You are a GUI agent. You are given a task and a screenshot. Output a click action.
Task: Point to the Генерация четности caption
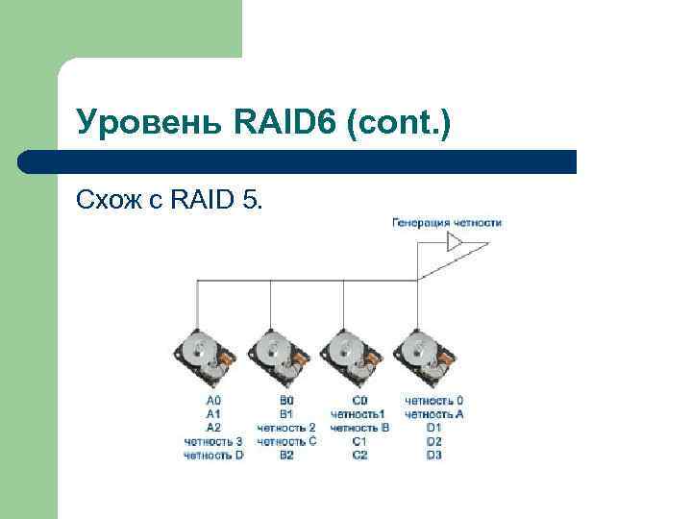click(x=447, y=223)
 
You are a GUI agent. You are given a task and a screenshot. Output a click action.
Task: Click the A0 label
click(x=213, y=400)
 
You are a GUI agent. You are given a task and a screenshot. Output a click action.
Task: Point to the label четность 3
click(x=213, y=441)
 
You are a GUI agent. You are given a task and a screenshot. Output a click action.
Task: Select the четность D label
click(x=213, y=455)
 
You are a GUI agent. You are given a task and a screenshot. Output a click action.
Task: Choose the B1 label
click(x=286, y=413)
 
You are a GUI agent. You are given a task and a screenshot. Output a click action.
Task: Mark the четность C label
click(x=286, y=441)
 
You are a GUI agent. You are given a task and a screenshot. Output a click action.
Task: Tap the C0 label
click(x=359, y=400)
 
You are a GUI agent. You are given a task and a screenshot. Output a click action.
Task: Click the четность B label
click(x=359, y=428)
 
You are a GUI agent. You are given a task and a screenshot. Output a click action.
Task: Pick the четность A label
click(x=434, y=413)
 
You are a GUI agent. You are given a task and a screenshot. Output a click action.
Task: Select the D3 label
click(x=434, y=455)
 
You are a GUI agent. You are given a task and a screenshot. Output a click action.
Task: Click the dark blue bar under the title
click(x=298, y=161)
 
